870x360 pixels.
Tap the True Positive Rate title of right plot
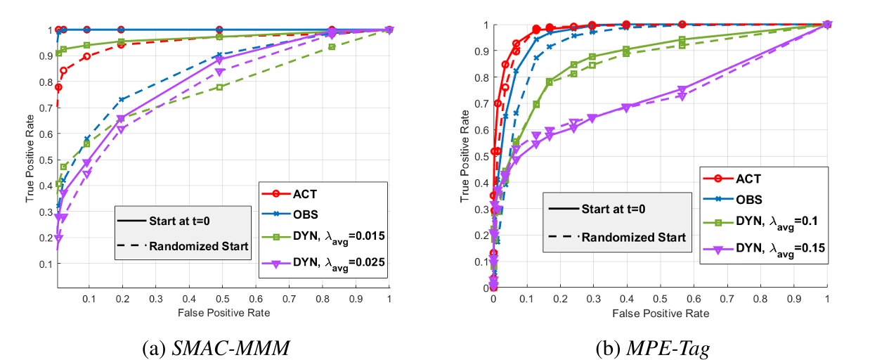[465, 156]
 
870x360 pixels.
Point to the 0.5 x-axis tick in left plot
[223, 298]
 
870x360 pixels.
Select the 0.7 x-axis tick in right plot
[727, 298]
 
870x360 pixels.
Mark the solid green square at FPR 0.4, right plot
[626, 49]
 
